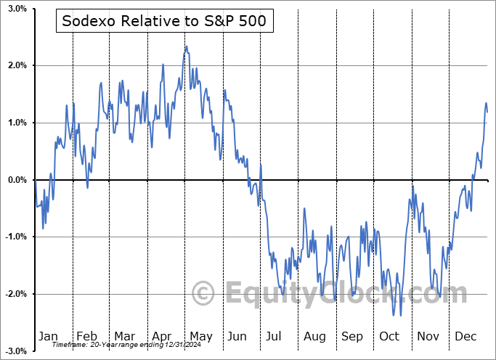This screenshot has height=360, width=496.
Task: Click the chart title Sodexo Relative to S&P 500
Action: pos(164,22)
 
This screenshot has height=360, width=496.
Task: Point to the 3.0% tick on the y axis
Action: pos(17,9)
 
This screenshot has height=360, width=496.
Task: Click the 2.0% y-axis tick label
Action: pos(17,66)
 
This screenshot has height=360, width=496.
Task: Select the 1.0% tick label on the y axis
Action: pos(17,123)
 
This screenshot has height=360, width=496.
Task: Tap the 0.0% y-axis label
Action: pos(17,180)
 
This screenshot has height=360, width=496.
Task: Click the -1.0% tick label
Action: pos(15,237)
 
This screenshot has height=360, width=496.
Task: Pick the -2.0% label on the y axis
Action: pos(15,294)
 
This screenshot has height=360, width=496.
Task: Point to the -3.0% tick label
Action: pos(15,351)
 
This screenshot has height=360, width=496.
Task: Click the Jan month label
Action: pos(47,337)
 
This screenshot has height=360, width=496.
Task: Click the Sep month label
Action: pos(351,337)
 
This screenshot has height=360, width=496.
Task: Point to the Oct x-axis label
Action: pos(389,337)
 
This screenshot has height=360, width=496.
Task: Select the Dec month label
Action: pos(465,337)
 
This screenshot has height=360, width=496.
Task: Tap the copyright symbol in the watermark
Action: pos(203,293)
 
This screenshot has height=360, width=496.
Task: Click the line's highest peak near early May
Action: pos(186,46)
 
